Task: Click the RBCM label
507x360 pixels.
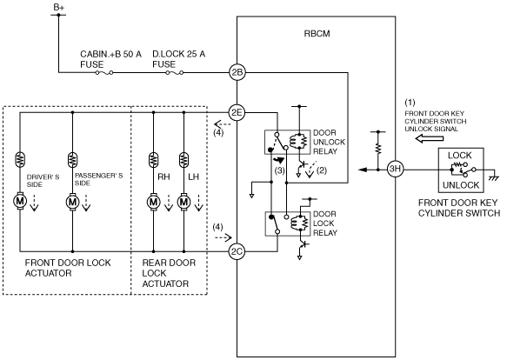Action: point(317,34)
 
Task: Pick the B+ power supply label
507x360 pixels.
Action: point(59,8)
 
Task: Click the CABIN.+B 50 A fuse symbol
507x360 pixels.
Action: point(104,73)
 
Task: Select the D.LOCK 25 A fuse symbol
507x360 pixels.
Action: point(175,73)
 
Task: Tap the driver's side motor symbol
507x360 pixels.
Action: point(20,201)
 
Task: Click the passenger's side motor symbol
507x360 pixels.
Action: point(72,202)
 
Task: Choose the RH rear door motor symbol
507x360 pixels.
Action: point(153,202)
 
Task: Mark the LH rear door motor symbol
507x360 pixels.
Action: point(183,202)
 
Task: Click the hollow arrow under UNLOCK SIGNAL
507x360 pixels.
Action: point(429,139)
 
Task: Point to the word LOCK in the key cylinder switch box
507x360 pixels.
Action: point(460,156)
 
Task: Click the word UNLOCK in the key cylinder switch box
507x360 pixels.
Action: point(461,185)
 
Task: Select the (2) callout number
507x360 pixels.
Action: point(322,170)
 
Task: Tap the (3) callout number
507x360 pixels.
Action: point(280,170)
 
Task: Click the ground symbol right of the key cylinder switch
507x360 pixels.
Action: point(494,177)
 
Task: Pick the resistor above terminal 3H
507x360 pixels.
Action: point(378,150)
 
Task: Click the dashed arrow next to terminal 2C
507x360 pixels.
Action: point(223,237)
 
